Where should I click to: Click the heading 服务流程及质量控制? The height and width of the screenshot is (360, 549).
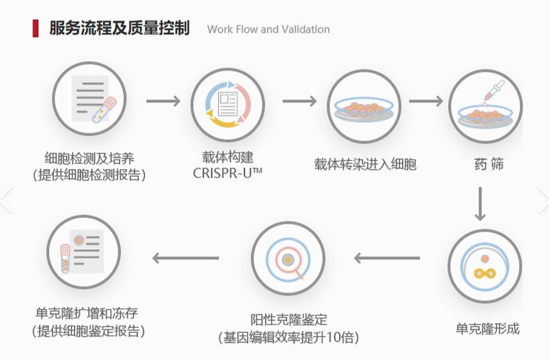119,28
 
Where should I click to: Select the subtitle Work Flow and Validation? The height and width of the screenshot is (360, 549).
268,29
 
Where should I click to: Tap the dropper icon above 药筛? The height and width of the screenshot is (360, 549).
485,108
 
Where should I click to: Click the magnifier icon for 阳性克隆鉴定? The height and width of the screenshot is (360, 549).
288,258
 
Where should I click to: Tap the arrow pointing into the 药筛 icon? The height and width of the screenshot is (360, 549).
425,102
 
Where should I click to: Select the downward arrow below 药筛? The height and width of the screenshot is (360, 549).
481,203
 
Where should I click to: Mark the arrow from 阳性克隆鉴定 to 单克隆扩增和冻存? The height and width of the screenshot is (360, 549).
185,258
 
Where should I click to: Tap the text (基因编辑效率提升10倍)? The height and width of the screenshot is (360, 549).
288,337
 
